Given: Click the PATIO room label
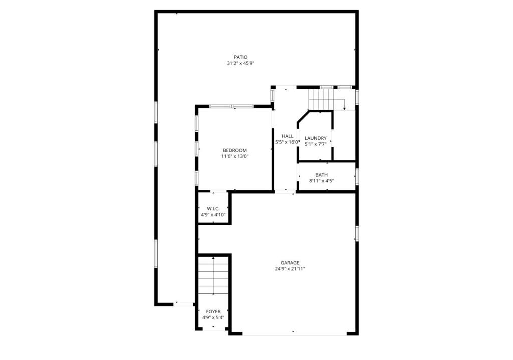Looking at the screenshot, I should [x=240, y=57].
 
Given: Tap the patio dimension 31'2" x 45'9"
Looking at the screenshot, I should [x=240, y=64].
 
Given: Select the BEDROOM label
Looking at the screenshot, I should [x=234, y=150].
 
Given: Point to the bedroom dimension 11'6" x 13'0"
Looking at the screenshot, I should [x=234, y=156].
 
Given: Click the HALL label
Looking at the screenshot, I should [x=287, y=136].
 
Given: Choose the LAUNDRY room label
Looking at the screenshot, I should [x=315, y=138].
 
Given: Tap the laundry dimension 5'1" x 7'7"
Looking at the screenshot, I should [x=315, y=144].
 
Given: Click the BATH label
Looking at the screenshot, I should [x=321, y=175].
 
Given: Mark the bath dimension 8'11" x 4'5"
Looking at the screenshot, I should [x=321, y=181].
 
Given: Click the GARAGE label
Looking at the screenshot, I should [x=290, y=263].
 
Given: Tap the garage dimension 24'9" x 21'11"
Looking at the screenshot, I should [x=290, y=269].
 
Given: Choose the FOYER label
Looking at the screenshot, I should [x=213, y=311].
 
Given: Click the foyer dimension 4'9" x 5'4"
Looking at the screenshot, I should [x=213, y=317].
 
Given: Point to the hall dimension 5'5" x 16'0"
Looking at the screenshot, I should [x=287, y=142].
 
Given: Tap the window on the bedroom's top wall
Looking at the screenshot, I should [x=231, y=106].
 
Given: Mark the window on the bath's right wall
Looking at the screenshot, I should [x=357, y=177].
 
